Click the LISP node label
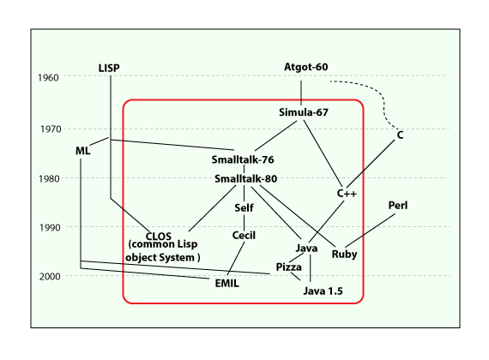[x=109, y=68]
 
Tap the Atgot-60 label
[x=305, y=67]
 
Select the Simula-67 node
[x=304, y=112]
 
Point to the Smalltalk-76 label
[x=243, y=159]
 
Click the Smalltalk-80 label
[x=245, y=178]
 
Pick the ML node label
[x=82, y=151]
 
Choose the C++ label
[x=347, y=193]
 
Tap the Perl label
[x=397, y=206]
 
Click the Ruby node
[x=344, y=255]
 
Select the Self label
[x=244, y=208]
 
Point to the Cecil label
[x=244, y=236]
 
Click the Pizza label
[x=288, y=267]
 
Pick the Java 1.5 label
[x=323, y=291]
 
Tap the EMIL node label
[x=226, y=284]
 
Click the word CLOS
[x=159, y=236]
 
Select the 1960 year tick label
[x=48, y=78]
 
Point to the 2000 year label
[x=50, y=277]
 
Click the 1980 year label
[x=49, y=179]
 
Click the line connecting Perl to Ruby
[x=370, y=231]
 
